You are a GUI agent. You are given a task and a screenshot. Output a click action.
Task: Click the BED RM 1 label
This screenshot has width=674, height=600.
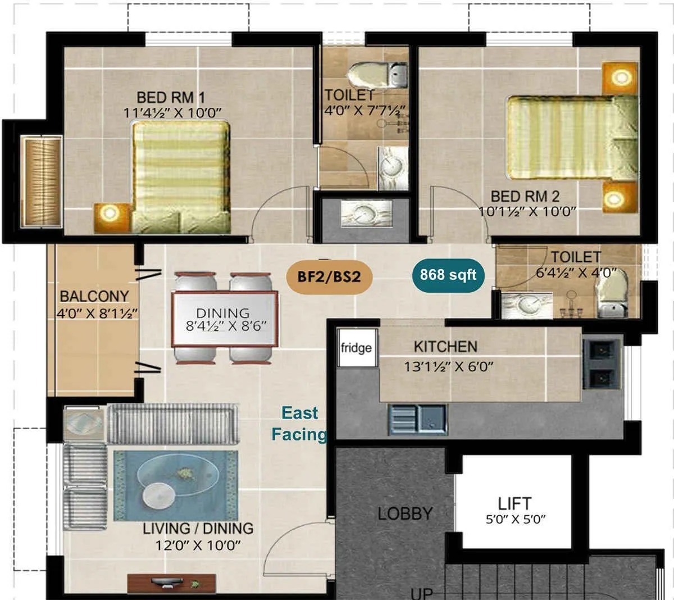click(171, 97)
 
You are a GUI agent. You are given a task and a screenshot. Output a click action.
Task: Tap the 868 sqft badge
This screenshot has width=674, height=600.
click(448, 275)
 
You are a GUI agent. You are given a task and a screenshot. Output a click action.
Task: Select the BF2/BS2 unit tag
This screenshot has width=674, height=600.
click(329, 276)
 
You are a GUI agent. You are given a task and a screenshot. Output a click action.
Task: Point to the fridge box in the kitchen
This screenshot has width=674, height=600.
click(356, 348)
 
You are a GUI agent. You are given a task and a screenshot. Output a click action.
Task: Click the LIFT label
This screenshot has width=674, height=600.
click(514, 503)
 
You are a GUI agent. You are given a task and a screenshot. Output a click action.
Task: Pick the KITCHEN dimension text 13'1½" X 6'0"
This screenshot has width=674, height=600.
click(449, 367)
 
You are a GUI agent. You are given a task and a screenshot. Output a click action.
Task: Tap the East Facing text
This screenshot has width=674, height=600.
click(299, 424)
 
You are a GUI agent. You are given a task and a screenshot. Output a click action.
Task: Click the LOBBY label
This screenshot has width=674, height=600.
click(405, 513)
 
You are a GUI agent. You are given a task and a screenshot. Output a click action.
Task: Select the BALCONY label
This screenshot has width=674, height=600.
click(94, 296)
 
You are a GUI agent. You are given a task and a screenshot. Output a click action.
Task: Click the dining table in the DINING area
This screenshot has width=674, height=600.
click(224, 318)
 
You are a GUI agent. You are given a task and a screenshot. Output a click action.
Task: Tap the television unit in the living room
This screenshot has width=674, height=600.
click(171, 583)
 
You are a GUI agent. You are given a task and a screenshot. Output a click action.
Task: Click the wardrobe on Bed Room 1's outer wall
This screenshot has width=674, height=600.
click(42, 181)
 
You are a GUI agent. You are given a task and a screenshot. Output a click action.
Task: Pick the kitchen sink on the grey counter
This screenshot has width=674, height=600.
click(417, 420)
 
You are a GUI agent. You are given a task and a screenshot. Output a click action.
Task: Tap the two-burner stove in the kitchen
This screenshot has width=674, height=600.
click(602, 364)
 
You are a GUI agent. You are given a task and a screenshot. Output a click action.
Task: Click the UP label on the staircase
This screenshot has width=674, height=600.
click(422, 593)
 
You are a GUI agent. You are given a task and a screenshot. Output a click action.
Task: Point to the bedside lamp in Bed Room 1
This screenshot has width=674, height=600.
click(109, 212)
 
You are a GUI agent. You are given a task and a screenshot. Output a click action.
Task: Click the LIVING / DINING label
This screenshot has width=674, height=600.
click(198, 529)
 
